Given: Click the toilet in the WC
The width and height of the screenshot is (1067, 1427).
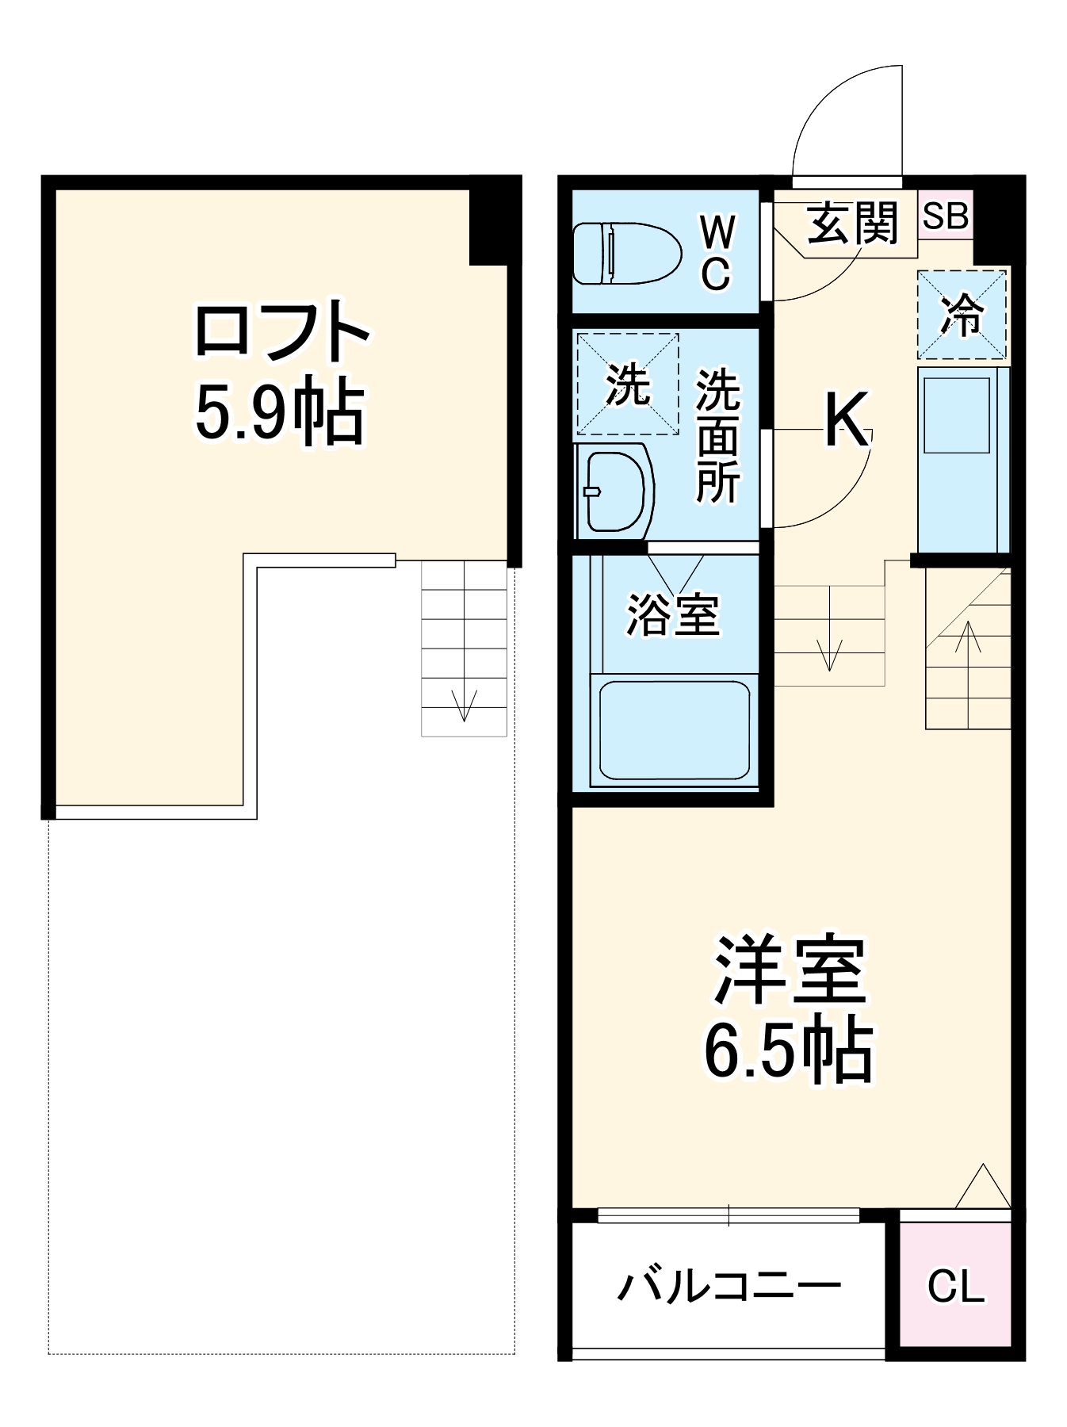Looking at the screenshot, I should coord(626,253).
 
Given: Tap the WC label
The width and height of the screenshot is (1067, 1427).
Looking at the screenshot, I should coord(717,253).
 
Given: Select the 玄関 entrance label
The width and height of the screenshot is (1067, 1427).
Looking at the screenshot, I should coord(852,223).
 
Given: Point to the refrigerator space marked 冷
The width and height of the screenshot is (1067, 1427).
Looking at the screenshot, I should coord(962,315).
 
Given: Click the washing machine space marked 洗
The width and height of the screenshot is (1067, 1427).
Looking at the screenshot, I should coord(627,384).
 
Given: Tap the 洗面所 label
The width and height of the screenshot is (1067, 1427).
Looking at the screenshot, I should coord(717,436).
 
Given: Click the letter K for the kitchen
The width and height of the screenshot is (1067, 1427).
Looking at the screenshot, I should coord(847,420).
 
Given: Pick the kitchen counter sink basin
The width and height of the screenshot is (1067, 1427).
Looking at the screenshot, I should coord(957,415).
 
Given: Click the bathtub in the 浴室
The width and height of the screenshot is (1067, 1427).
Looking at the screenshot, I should coord(674,729).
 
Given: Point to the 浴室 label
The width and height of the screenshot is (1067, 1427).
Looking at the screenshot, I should coord(673,614).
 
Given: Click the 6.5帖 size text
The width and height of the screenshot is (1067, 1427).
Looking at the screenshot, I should coord(789,1050).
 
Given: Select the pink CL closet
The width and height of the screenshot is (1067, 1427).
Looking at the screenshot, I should coord(955,1286).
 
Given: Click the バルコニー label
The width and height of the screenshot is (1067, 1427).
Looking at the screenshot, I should coord(729,1286).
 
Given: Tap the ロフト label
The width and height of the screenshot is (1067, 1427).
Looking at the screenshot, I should coord(281,331).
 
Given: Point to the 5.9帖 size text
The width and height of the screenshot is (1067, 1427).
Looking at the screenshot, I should coord(279,412).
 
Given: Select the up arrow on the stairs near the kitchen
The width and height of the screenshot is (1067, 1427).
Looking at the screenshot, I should coord(968,638).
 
